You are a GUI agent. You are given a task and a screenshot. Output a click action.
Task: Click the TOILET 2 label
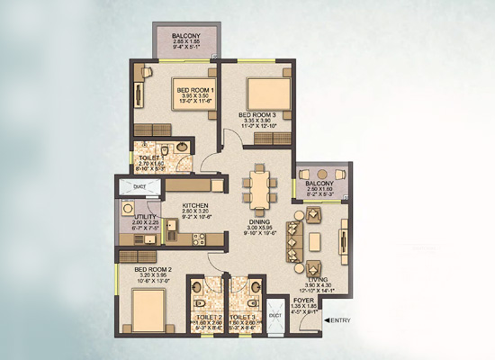click(x=208, y=318)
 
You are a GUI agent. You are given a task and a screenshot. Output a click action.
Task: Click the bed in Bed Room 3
click(x=267, y=93)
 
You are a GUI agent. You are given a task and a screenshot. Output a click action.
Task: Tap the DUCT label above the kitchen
click(x=139, y=187)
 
